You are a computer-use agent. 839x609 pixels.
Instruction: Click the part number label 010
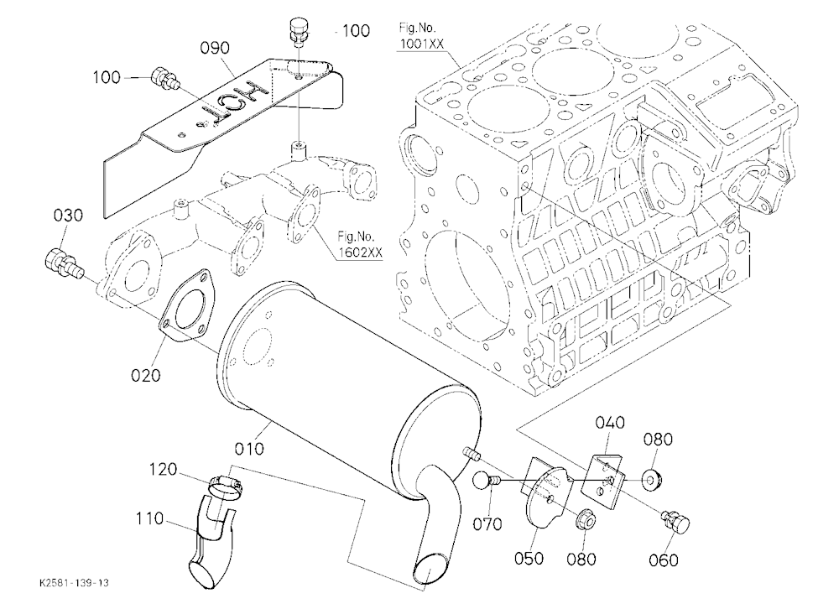[249, 448]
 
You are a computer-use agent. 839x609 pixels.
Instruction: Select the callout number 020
[145, 375]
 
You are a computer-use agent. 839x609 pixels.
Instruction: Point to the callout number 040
[610, 423]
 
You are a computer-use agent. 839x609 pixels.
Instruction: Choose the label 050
[529, 558]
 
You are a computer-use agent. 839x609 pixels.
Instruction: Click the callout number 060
[664, 560]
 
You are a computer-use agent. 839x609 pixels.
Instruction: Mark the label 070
[487, 524]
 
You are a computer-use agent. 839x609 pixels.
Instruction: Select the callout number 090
[215, 48]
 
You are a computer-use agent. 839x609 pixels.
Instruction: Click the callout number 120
[163, 469]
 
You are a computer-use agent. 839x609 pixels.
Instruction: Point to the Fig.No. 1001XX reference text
[421, 36]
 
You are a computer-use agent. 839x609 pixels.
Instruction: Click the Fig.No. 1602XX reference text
[360, 244]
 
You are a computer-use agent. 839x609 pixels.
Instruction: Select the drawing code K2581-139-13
[74, 583]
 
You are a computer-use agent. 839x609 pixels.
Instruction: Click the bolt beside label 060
[676, 521]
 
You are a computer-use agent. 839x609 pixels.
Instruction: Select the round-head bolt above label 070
[486, 481]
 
